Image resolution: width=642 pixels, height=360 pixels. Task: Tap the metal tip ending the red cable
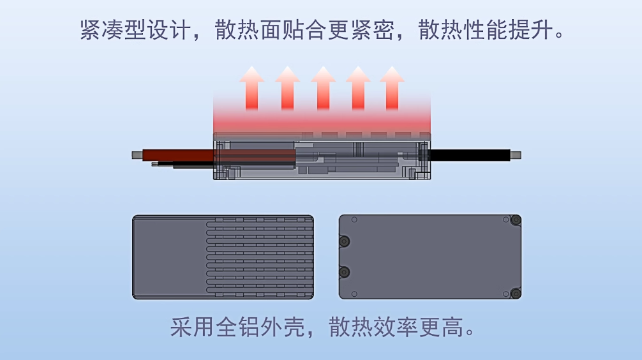click(136, 154)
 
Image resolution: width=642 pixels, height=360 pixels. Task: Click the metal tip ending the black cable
click(516, 154)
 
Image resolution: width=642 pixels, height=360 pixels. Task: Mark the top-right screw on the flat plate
click(515, 221)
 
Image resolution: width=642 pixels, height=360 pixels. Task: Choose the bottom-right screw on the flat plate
click(515, 293)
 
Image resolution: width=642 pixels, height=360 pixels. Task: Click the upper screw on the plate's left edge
click(345, 241)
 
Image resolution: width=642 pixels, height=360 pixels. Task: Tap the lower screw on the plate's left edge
click(345, 273)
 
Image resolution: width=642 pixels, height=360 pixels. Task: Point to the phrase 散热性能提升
click(483, 30)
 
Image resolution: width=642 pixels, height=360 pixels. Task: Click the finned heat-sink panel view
click(223, 257)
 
